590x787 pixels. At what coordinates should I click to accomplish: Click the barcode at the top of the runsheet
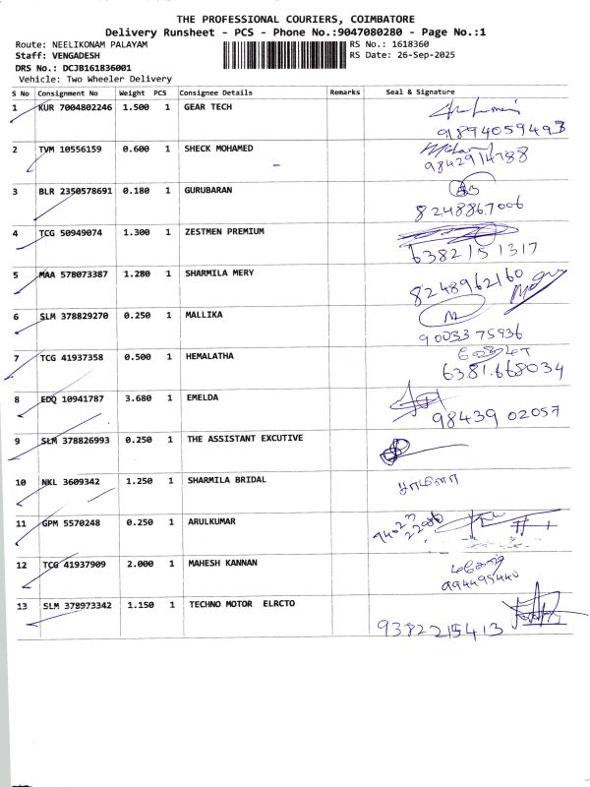(285, 52)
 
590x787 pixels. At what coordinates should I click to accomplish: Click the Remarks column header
(345, 91)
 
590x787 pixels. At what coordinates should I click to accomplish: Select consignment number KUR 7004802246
(75, 107)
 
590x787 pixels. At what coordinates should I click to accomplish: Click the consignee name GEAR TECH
(207, 107)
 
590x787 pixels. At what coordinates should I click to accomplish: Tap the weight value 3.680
(136, 398)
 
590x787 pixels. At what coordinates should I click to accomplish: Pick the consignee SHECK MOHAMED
(218, 149)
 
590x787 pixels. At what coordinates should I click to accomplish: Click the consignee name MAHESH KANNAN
(222, 564)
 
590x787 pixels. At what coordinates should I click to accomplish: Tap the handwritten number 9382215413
(440, 627)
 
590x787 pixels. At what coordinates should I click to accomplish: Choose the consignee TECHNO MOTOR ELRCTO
(242, 604)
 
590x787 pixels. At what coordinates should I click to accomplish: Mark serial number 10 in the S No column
(20, 483)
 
